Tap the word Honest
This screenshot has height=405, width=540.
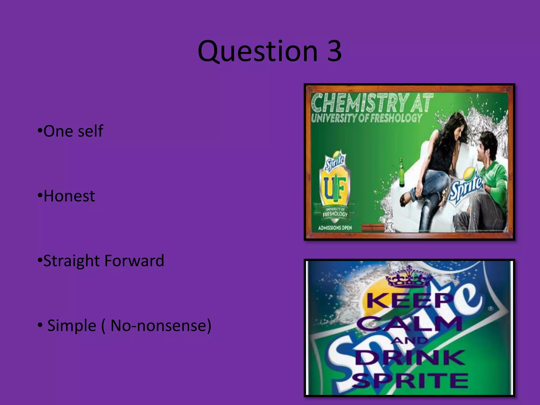69,196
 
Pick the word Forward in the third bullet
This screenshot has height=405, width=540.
134,261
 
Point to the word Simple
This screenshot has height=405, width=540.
71,325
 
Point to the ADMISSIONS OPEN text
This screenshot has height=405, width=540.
335,227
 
